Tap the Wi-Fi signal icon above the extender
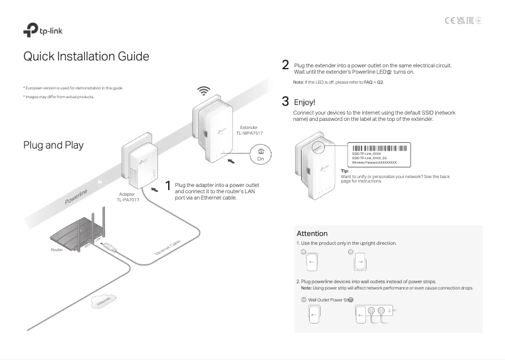(x=203, y=91)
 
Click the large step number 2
(x=285, y=65)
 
